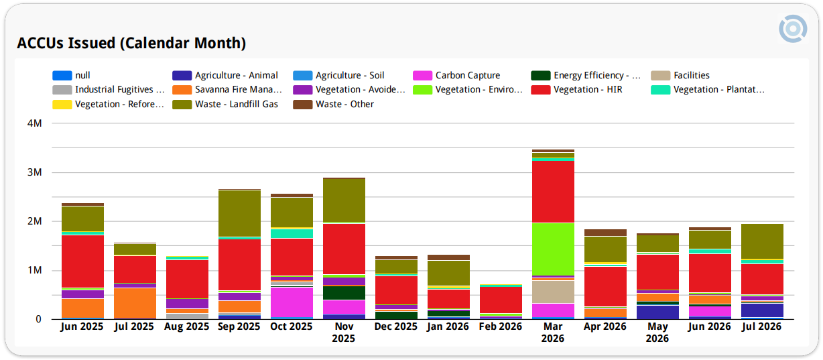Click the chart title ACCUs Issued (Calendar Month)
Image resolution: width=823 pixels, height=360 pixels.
[x=131, y=43]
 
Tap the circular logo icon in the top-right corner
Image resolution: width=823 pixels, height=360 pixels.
[x=793, y=29]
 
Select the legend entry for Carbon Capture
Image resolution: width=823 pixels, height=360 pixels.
[x=456, y=75]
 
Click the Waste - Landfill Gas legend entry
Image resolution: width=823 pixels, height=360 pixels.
[x=225, y=105]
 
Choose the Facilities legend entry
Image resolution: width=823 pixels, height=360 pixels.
[x=680, y=75]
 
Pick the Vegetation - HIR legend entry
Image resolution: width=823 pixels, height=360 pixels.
[x=576, y=90]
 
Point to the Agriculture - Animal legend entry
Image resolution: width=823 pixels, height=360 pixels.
[x=225, y=75]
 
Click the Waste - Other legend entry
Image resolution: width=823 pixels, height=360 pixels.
[x=333, y=105]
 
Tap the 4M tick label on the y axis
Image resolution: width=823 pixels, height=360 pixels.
[x=35, y=123]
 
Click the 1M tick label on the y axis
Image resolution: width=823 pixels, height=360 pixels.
[x=35, y=270]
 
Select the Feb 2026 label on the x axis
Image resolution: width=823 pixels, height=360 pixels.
[x=501, y=326]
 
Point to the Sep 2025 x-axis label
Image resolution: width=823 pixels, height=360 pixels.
[x=239, y=326]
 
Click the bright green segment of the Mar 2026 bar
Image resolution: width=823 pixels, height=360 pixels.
[x=553, y=249]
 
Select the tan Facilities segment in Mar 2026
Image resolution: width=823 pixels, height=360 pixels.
[x=553, y=292]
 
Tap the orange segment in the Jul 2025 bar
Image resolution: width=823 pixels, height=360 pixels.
[x=135, y=304]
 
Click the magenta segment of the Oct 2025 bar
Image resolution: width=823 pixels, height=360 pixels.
[x=292, y=302]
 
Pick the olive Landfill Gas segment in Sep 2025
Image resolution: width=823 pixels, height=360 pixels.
[x=239, y=213]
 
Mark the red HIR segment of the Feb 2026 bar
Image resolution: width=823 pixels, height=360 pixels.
[x=501, y=300]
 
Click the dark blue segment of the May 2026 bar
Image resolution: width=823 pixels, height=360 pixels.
[x=657, y=312]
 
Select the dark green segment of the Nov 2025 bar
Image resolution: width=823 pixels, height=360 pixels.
[x=344, y=293]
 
